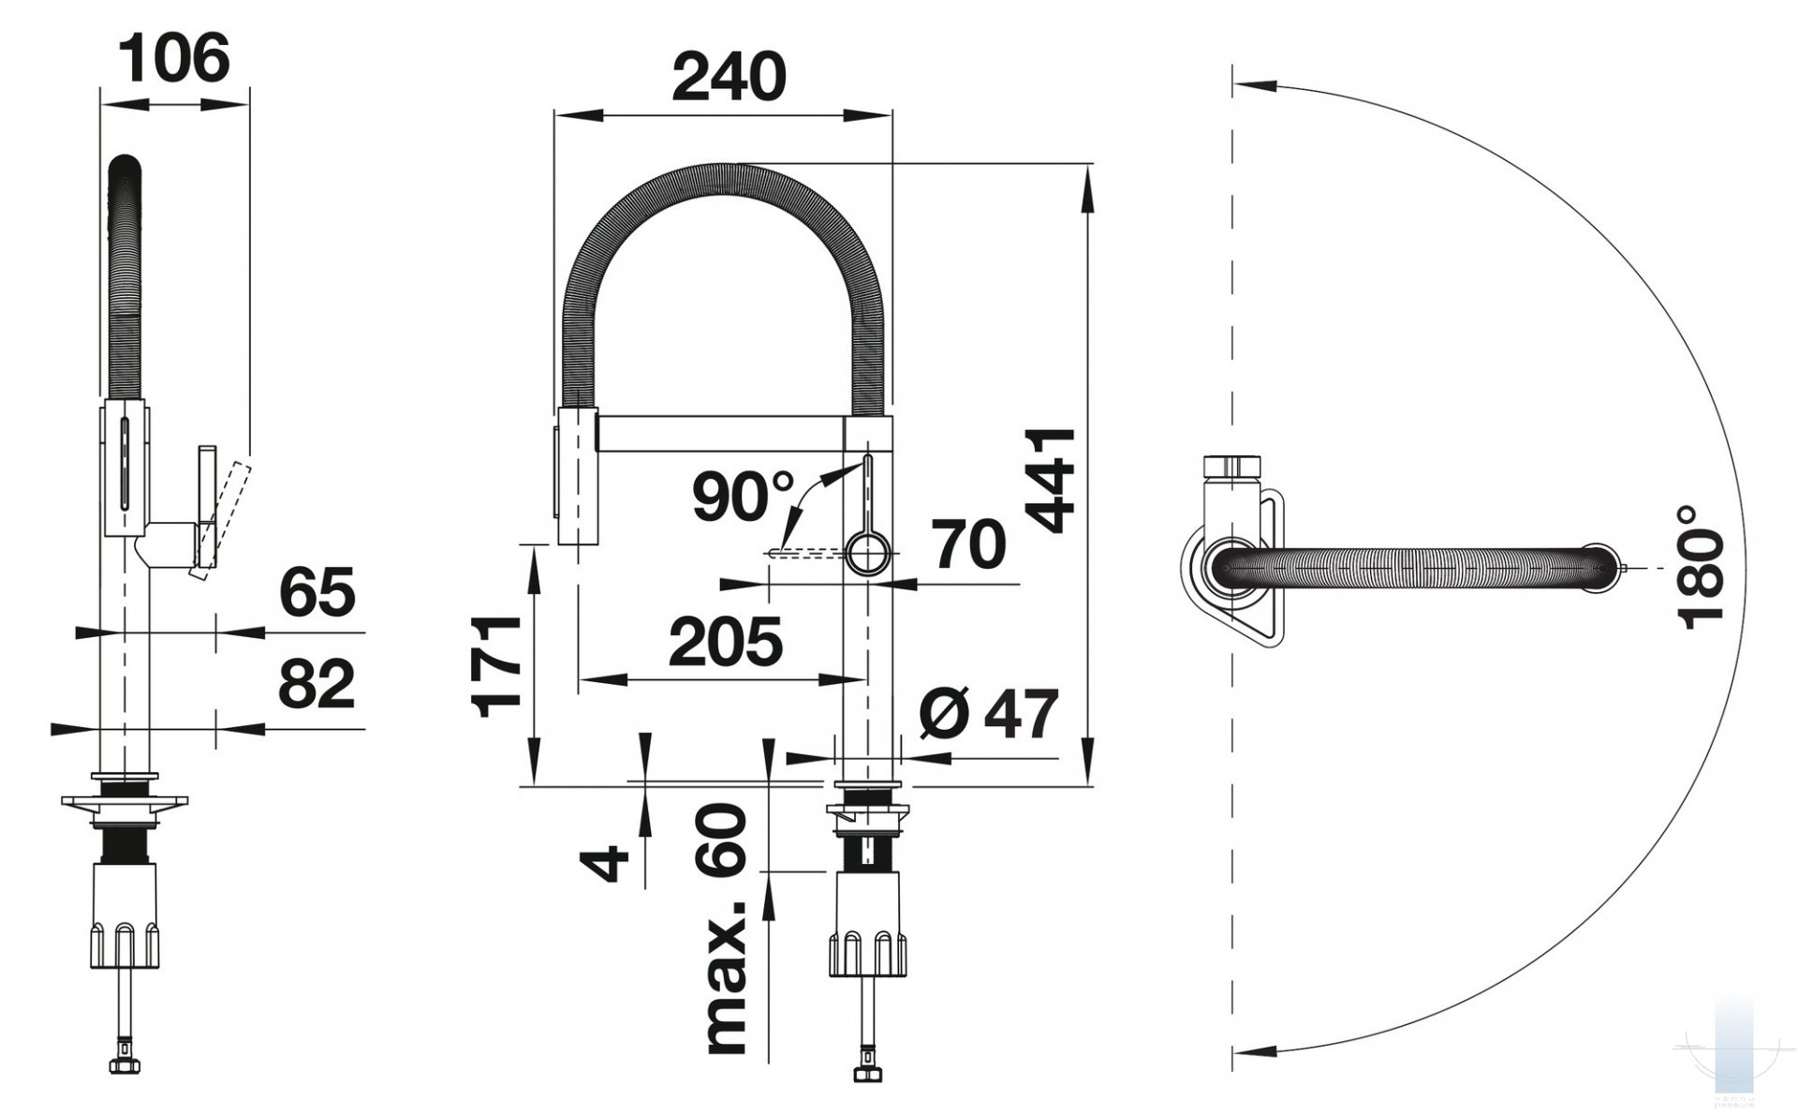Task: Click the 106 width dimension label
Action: pos(175,58)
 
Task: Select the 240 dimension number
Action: pos(730,77)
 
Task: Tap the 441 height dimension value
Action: pos(1051,482)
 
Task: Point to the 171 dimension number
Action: pos(497,666)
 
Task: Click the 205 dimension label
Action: pos(726,643)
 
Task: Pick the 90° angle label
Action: pos(744,497)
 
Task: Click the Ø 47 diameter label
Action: pos(989,715)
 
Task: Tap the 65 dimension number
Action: pos(317,592)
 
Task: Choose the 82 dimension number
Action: pos(317,684)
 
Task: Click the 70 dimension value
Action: pos(969,544)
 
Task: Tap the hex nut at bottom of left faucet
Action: pos(125,1065)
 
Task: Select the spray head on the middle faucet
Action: pos(577,475)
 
